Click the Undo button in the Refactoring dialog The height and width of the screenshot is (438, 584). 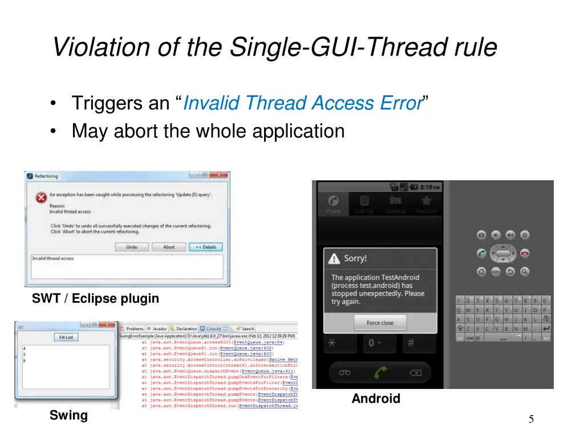132,247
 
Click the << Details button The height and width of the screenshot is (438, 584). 205,247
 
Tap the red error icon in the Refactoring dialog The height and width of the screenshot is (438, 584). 40,198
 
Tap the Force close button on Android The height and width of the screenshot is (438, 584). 380,323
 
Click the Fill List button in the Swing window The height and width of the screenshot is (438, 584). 66,337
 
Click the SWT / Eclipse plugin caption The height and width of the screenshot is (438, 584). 95,298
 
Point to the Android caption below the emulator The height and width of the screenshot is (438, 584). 376,399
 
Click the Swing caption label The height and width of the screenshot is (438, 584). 68,415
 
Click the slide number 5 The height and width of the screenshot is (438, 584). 531,420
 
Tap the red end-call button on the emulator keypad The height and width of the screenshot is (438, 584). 524,253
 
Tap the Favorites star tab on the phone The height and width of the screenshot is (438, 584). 425,203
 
